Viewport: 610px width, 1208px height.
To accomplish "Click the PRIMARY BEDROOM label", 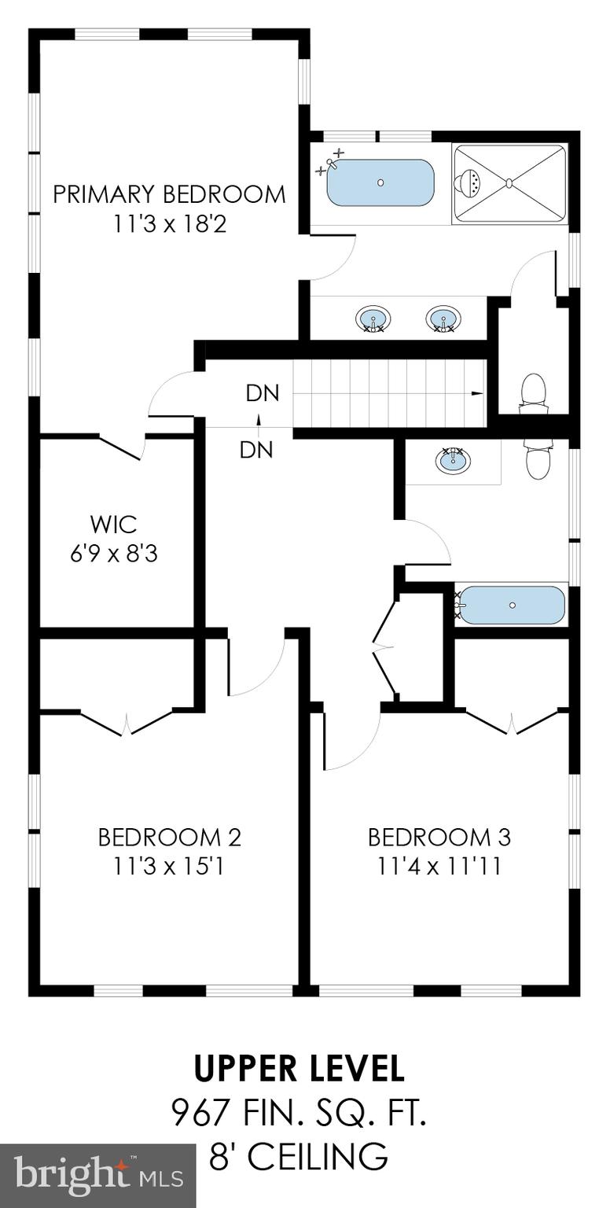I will (169, 194).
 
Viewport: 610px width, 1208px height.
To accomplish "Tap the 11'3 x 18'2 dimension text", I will (169, 225).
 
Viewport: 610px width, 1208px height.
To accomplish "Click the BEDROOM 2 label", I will (169, 837).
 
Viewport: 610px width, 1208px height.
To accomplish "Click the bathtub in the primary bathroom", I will (380, 183).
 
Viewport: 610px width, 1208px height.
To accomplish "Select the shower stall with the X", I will (509, 183).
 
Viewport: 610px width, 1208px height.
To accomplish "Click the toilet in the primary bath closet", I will (534, 392).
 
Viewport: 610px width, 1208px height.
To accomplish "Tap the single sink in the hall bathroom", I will (453, 460).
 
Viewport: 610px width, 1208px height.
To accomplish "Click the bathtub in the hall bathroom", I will (512, 605).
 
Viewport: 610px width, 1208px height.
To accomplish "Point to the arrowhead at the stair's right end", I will (477, 393).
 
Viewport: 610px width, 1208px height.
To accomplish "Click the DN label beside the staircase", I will (263, 393).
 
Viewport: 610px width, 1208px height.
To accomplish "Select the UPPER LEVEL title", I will (299, 1069).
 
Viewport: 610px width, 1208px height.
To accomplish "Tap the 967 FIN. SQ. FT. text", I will (299, 1113).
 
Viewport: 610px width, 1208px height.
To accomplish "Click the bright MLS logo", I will (98, 1176).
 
